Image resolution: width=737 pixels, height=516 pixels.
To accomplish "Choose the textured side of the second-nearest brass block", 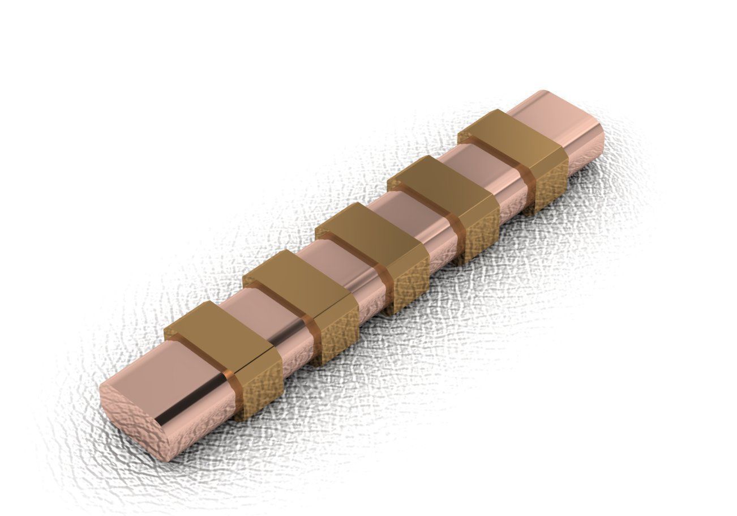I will (x=337, y=340).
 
